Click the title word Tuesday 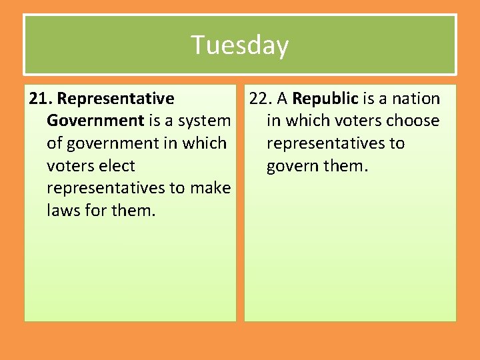(x=240, y=45)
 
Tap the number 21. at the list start (x=41, y=99)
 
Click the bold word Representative (x=116, y=99)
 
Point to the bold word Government (x=95, y=121)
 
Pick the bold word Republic (x=325, y=99)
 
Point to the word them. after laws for (x=133, y=210)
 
